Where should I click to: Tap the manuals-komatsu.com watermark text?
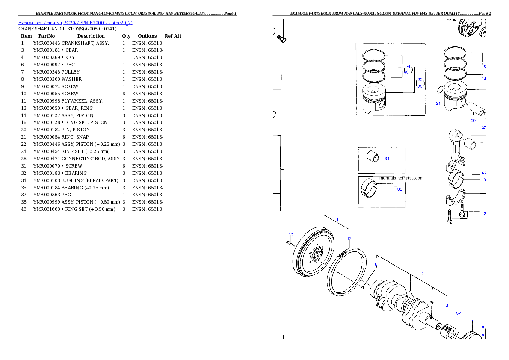pos(401,178)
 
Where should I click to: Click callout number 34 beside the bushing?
pos(387,159)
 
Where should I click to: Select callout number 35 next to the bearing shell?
pos(400,189)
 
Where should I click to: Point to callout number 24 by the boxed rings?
pos(408,67)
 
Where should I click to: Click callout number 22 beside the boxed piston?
pos(420,80)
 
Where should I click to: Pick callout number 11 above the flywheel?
pos(337,219)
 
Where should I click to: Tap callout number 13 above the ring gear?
pos(349,239)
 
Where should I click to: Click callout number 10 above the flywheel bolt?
pos(290,234)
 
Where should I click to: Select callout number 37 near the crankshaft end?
pos(458,313)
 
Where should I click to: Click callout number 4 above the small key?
pos(432,296)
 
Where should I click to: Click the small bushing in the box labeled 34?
pos(372,157)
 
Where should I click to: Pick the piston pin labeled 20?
pos(476,109)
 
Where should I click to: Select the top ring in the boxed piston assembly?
pos(374,56)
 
